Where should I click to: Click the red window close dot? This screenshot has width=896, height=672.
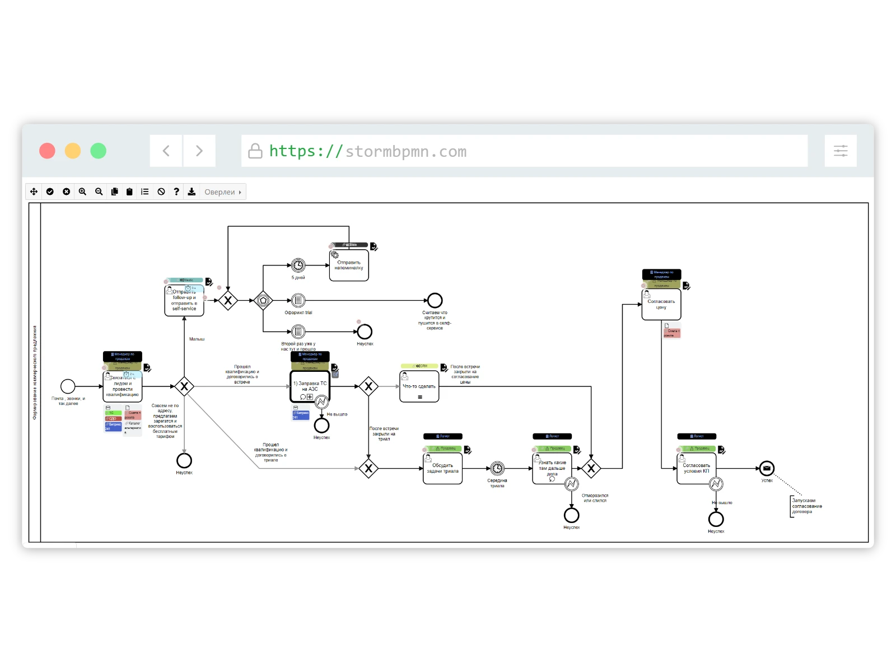coord(47,151)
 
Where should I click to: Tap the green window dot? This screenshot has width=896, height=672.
coord(99,151)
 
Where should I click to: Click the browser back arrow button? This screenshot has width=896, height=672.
coord(166,151)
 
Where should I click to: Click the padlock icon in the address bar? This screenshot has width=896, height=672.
coord(255,151)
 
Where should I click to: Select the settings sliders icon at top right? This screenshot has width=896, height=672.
coord(841,151)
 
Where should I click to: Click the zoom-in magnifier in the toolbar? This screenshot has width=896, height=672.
coord(82,192)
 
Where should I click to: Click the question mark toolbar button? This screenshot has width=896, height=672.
coord(176,192)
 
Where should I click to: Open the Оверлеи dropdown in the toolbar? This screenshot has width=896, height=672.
coord(223,192)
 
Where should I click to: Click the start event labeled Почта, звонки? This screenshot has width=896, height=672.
coord(68,386)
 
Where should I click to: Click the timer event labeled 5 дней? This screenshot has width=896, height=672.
coord(298,265)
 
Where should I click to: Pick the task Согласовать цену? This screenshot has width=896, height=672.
coord(661,305)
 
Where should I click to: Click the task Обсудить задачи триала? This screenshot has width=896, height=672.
coord(442,469)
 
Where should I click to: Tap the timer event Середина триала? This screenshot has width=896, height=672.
coord(497,468)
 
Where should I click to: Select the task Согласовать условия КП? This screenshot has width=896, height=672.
coord(696,469)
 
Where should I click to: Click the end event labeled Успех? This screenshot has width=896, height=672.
coord(767,468)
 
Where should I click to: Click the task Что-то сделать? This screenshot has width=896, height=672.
coord(419,386)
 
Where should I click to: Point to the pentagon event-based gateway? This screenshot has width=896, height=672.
coord(263,301)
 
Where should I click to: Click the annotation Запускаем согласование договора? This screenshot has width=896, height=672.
coord(807,506)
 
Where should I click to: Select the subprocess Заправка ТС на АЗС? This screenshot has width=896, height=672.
coord(310,386)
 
